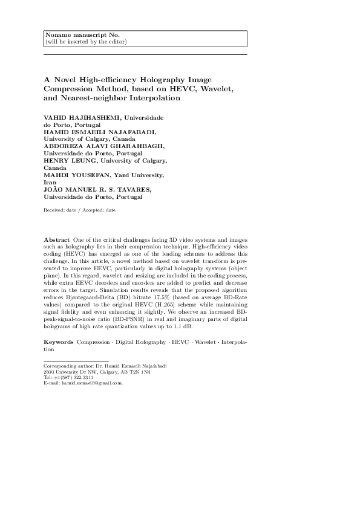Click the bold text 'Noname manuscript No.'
[75, 35]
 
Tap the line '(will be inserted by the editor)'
[87, 42]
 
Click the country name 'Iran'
[50, 181]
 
